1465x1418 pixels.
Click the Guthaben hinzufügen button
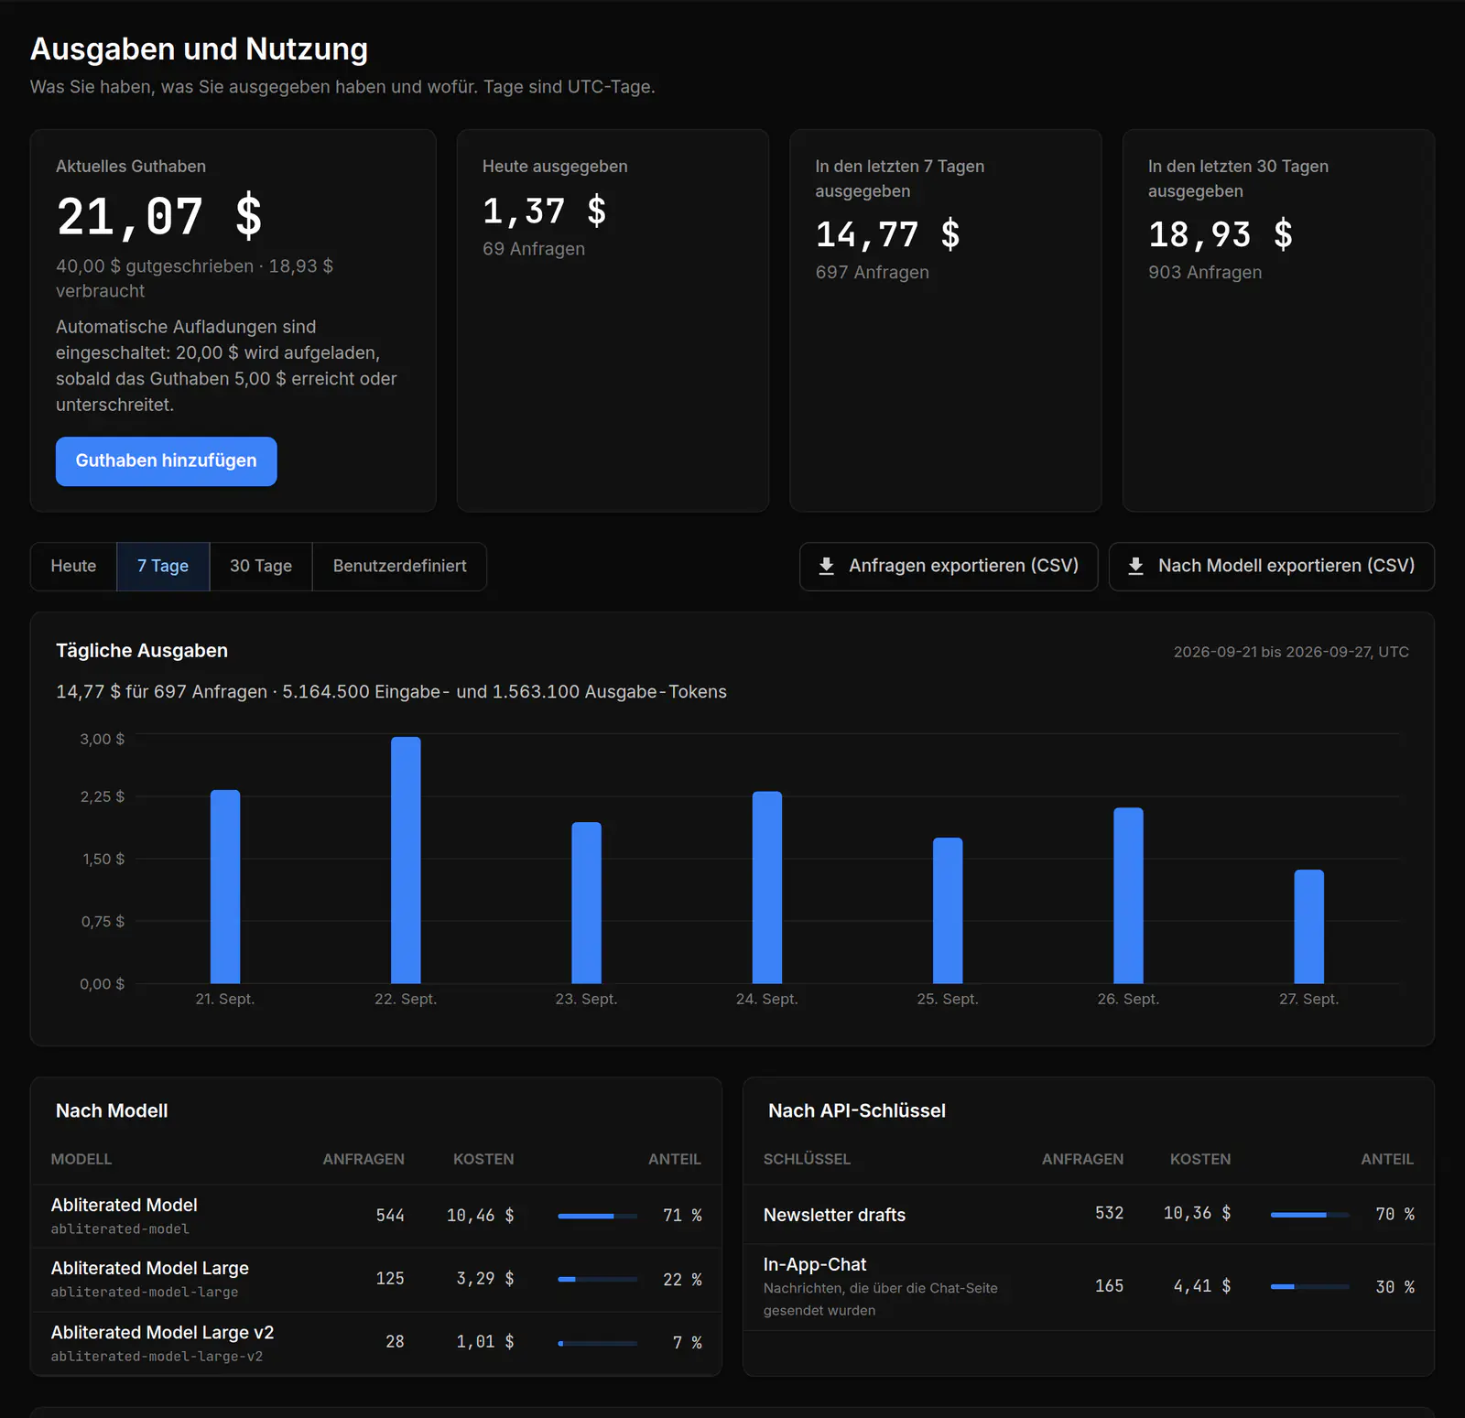pyautogui.click(x=166, y=460)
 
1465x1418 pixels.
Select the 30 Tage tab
pyautogui.click(x=261, y=566)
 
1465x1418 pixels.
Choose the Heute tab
pyautogui.click(x=73, y=566)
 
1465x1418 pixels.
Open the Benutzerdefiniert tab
pyautogui.click(x=400, y=566)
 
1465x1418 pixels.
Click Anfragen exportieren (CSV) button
pyautogui.click(x=949, y=566)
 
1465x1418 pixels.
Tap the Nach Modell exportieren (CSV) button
pyautogui.click(x=1272, y=566)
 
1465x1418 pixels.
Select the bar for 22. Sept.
pyautogui.click(x=406, y=860)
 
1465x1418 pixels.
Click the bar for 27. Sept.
pyautogui.click(x=1309, y=926)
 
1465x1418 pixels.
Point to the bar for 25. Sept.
pyautogui.click(x=948, y=910)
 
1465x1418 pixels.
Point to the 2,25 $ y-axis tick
pyautogui.click(x=102, y=796)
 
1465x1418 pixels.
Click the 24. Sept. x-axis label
pyautogui.click(x=767, y=999)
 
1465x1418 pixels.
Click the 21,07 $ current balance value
pyautogui.click(x=159, y=217)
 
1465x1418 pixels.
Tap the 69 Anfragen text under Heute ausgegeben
pyautogui.click(x=534, y=249)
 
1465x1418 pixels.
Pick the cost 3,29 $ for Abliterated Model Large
pyautogui.click(x=485, y=1279)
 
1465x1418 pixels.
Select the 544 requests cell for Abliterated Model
pyautogui.click(x=390, y=1215)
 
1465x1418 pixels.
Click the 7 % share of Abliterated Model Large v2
pyautogui.click(x=688, y=1342)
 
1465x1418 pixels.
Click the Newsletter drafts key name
pyautogui.click(x=834, y=1215)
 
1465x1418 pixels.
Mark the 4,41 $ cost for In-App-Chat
pyautogui.click(x=1202, y=1286)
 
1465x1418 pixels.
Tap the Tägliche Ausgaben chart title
pyautogui.click(x=142, y=651)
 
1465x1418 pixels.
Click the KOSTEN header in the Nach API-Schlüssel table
pyautogui.click(x=1200, y=1159)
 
